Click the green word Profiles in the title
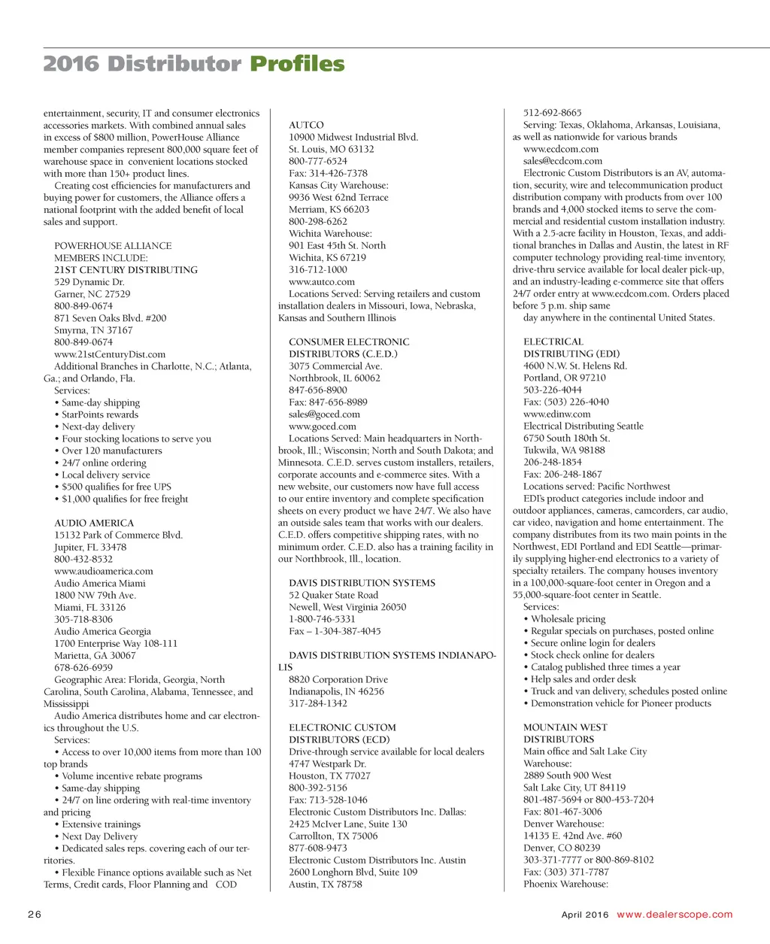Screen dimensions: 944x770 (x=297, y=64)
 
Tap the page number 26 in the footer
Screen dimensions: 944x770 (x=35, y=915)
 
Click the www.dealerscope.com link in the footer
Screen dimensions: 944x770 (x=675, y=915)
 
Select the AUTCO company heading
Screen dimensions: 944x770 (x=306, y=126)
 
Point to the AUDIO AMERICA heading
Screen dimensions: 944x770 (x=94, y=523)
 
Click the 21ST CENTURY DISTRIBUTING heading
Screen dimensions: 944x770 (x=126, y=270)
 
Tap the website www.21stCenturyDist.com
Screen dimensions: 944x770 (x=110, y=354)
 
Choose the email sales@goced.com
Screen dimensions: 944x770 (x=324, y=414)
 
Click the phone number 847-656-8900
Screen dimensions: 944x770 (x=318, y=390)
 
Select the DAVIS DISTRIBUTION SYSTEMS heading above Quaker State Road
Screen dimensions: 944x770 (x=362, y=583)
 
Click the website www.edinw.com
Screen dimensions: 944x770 (x=557, y=414)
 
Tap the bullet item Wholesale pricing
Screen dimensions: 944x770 (x=568, y=619)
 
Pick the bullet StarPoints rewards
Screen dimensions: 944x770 (x=100, y=414)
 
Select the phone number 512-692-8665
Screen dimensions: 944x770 (x=553, y=113)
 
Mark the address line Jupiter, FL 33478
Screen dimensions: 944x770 (x=90, y=547)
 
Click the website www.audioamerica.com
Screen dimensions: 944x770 (x=104, y=571)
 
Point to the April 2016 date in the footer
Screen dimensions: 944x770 (x=585, y=915)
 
